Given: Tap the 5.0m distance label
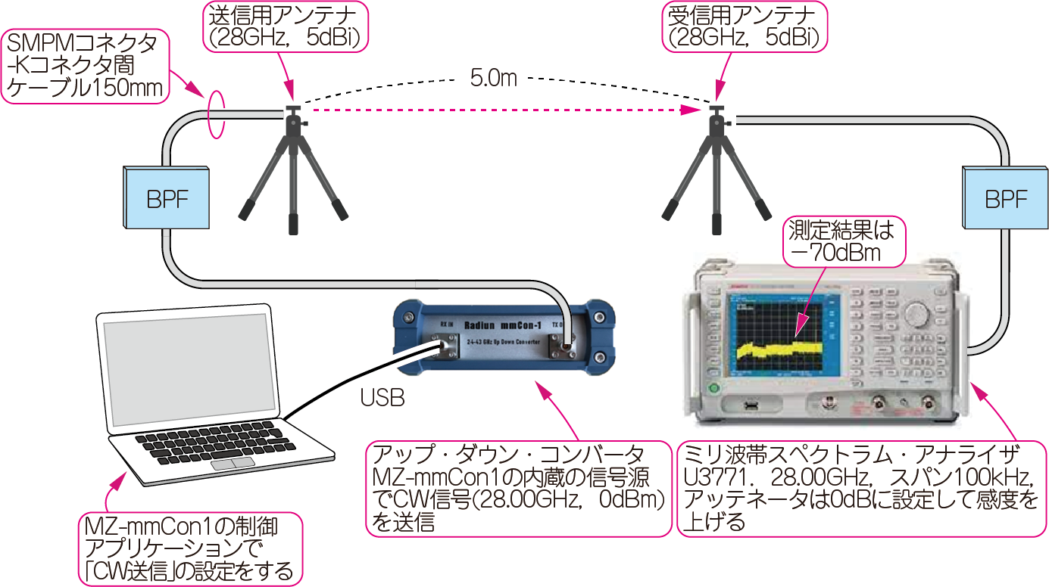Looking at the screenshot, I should tap(493, 77).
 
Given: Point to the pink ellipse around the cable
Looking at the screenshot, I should tap(217, 115).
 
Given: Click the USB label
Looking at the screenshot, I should tap(382, 399).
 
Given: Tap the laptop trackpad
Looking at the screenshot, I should tap(233, 462).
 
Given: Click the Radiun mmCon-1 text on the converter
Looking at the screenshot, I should tap(511, 324).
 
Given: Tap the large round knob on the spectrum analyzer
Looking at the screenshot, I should tap(916, 313).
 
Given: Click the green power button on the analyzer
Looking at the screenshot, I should tap(713, 388).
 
